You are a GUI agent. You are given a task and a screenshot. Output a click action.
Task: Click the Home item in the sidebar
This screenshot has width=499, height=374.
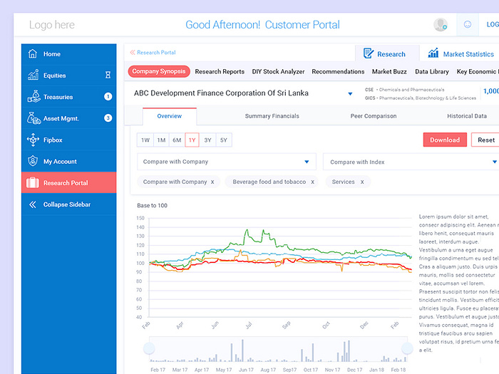coord(51,54)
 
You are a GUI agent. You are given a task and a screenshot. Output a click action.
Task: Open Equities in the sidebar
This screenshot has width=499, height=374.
coord(54,76)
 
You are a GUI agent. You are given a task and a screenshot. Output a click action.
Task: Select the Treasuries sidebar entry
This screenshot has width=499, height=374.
coord(58,97)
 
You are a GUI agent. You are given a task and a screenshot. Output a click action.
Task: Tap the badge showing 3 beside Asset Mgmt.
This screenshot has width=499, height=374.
coord(108,118)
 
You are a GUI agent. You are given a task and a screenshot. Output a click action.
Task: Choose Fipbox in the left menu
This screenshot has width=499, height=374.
coord(53,140)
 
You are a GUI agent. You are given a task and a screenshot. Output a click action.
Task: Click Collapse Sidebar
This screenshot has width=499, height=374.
coord(66,204)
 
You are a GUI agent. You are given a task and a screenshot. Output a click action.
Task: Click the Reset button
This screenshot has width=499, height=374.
coord(485,140)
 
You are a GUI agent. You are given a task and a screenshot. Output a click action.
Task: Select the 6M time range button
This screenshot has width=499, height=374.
coord(177,140)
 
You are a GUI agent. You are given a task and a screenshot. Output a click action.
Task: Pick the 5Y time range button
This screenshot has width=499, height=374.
coord(223,140)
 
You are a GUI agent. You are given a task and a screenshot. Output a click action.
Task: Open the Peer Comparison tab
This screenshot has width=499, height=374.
coord(374,116)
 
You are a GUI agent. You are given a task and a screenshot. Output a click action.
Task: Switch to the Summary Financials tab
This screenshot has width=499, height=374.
coord(272,116)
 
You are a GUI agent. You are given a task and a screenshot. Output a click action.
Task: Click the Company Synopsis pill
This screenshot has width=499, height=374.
coord(159,71)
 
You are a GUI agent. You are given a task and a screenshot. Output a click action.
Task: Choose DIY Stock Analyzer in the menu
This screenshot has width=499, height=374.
coord(278,72)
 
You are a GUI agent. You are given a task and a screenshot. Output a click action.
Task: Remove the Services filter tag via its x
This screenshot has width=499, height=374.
coord(361,182)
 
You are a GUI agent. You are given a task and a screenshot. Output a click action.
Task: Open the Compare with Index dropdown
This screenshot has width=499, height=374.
coord(411,162)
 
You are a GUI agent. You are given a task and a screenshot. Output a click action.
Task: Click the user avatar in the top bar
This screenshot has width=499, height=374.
coord(441,25)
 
